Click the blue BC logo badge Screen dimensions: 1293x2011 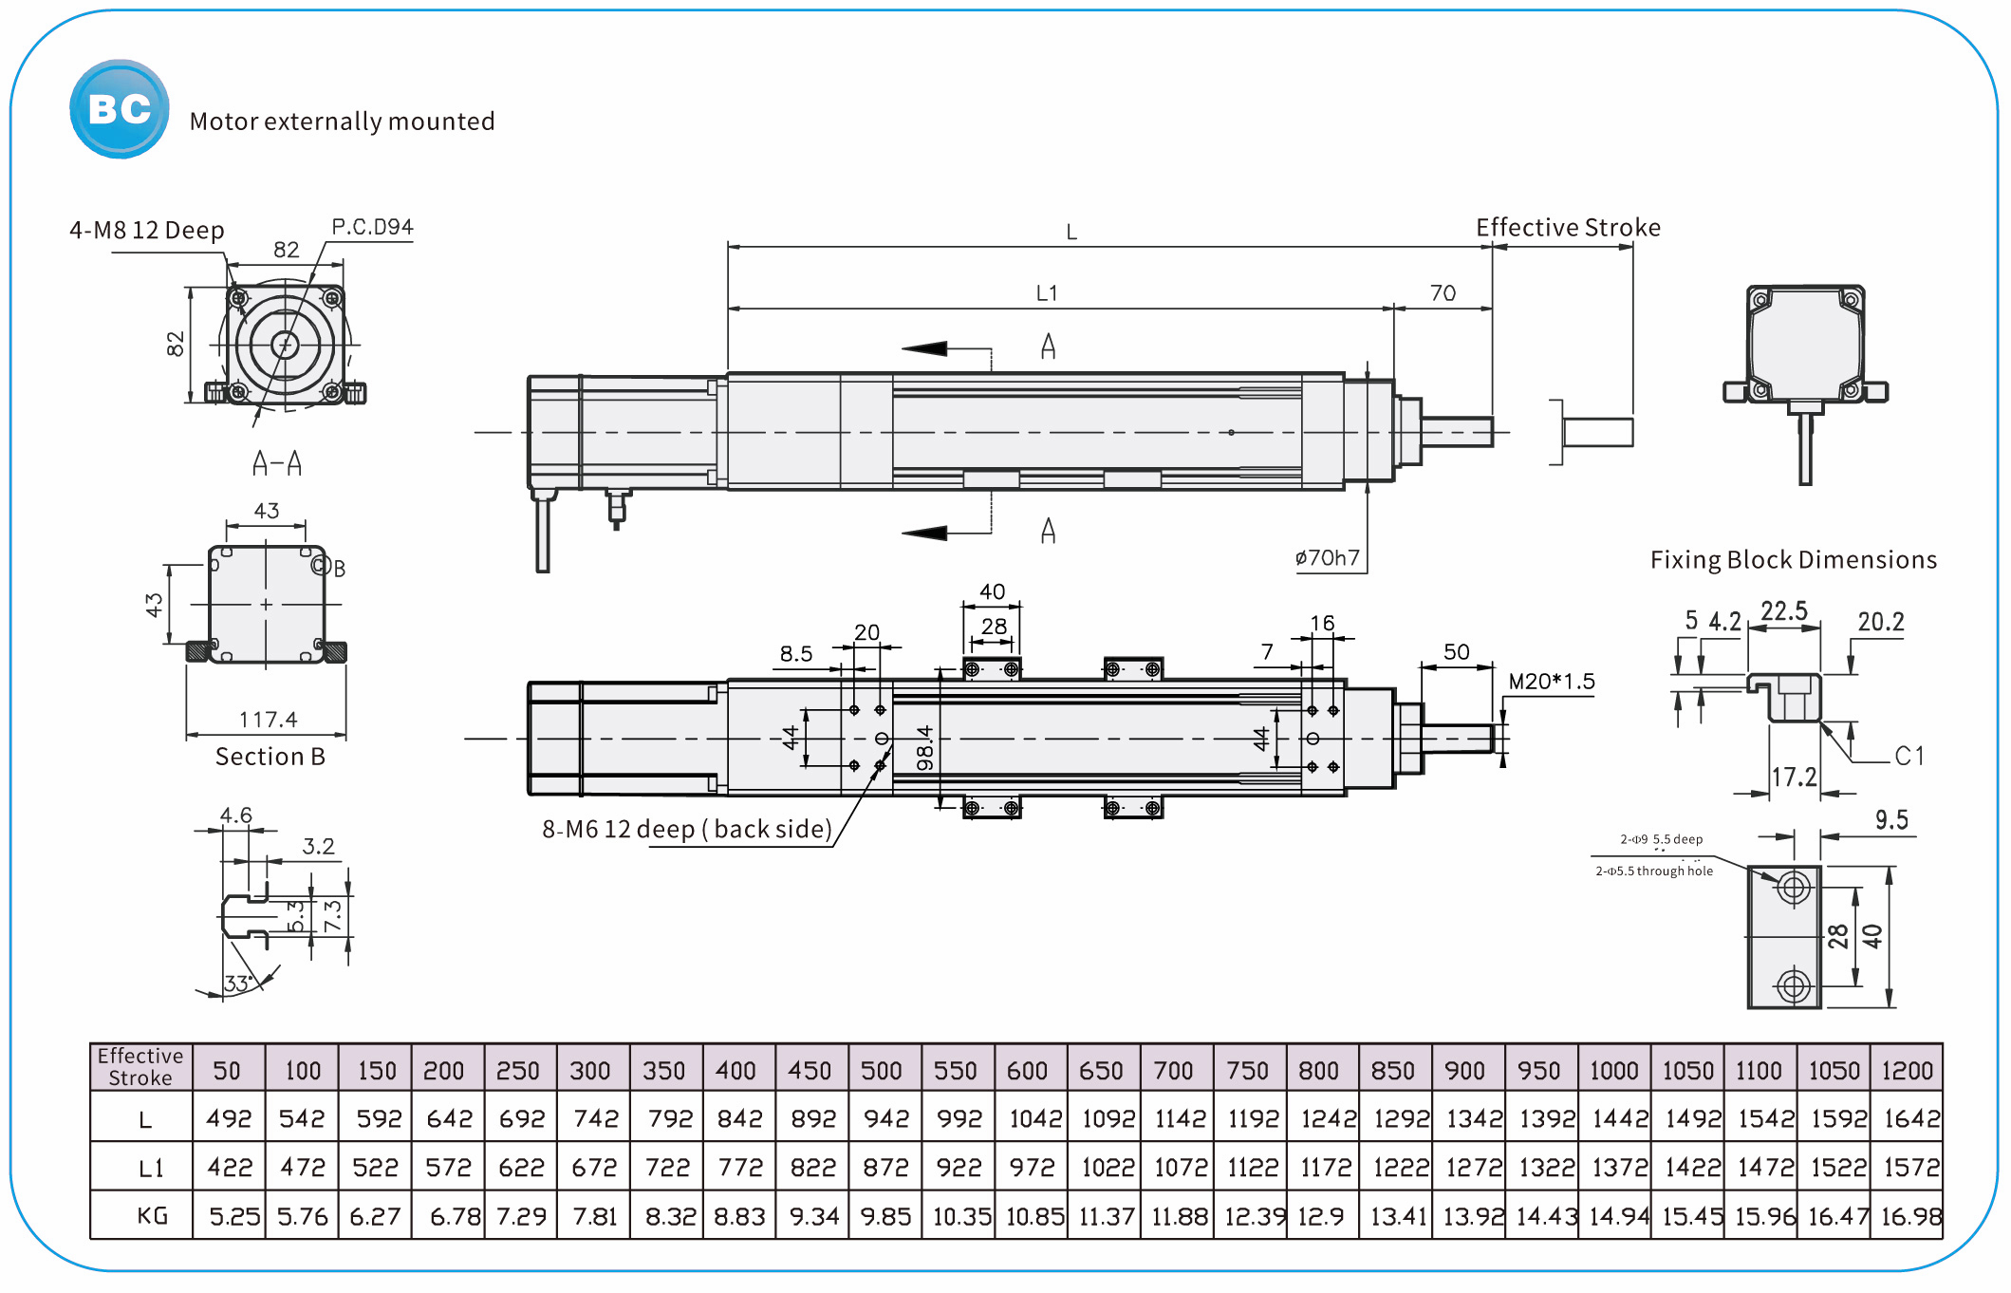pyautogui.click(x=119, y=109)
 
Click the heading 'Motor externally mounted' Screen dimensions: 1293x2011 pyautogui.click(x=342, y=122)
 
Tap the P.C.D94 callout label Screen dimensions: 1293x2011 pyautogui.click(x=372, y=227)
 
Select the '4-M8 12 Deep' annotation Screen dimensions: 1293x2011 pyautogui.click(x=147, y=231)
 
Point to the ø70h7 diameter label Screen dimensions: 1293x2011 pyautogui.click(x=1327, y=558)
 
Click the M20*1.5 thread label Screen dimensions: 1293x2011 pyautogui.click(x=1551, y=682)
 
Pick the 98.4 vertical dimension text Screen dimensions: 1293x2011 pyautogui.click(x=925, y=747)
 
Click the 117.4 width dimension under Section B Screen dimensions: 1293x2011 pyautogui.click(x=268, y=720)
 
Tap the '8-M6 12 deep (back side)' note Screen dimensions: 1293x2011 pyautogui.click(x=687, y=830)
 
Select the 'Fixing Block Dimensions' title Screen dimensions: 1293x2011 pyautogui.click(x=1793, y=560)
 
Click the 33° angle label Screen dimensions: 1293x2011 pyautogui.click(x=236, y=984)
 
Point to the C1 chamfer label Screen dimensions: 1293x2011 pyautogui.click(x=1909, y=756)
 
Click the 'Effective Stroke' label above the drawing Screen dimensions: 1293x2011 pyautogui.click(x=1568, y=228)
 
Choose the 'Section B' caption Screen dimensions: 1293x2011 pyautogui.click(x=270, y=757)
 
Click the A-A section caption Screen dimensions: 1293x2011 pyautogui.click(x=277, y=463)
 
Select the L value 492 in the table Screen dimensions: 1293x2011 pyautogui.click(x=229, y=1119)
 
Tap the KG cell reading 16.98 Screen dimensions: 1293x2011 pyautogui.click(x=1910, y=1216)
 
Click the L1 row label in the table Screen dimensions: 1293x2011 pyautogui.click(x=151, y=1168)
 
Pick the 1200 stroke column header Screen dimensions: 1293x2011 pyautogui.click(x=1907, y=1071)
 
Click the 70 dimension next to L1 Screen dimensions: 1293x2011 pyautogui.click(x=1443, y=293)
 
